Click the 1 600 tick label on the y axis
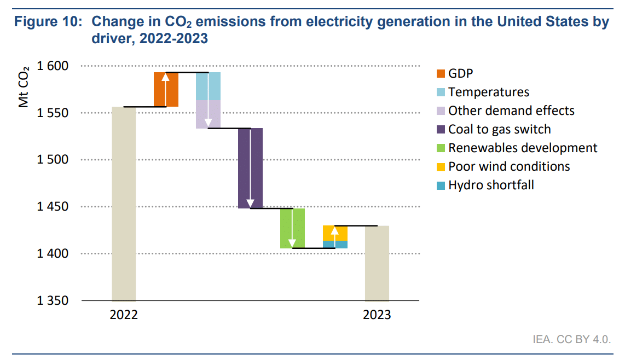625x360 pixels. [52, 66]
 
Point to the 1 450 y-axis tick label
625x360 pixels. [52, 207]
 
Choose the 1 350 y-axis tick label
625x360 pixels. [52, 300]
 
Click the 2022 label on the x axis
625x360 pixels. [124, 315]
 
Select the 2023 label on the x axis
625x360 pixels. [377, 315]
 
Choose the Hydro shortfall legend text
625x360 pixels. [491, 185]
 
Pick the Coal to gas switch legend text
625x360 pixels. [499, 129]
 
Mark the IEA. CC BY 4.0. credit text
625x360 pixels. [571, 339]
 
